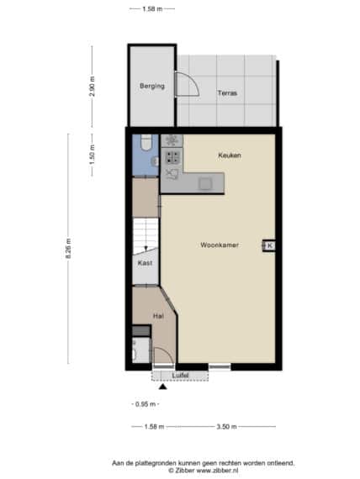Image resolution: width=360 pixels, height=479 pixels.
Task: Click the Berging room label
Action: click(x=152, y=87)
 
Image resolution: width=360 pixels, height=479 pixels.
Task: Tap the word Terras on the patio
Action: click(x=227, y=93)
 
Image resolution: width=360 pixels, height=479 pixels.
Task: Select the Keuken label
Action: click(x=230, y=155)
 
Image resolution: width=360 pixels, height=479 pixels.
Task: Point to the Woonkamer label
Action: click(x=220, y=245)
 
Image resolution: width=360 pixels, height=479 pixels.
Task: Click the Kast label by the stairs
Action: click(x=145, y=263)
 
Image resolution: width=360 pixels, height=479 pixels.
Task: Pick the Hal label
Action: click(x=158, y=316)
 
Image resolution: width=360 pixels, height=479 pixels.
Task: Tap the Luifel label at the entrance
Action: click(x=180, y=375)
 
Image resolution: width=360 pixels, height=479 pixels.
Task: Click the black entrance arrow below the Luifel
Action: click(x=163, y=387)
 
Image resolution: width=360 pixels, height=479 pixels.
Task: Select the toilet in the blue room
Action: click(x=146, y=142)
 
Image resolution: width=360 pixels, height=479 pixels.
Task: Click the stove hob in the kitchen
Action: click(x=172, y=157)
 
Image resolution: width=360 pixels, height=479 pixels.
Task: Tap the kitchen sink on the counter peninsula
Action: click(x=204, y=184)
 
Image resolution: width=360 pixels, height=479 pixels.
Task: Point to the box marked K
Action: click(x=269, y=245)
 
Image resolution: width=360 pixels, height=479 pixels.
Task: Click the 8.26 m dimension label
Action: click(x=68, y=249)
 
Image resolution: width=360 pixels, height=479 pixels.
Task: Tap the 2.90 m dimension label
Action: click(x=92, y=87)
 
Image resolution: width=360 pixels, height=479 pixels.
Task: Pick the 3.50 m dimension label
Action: click(x=226, y=426)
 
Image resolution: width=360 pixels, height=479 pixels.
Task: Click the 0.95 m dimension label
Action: click(x=146, y=404)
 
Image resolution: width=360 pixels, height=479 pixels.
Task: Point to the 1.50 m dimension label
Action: click(x=92, y=155)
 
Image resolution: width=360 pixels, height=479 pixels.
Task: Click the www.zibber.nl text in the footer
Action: click(x=217, y=471)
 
